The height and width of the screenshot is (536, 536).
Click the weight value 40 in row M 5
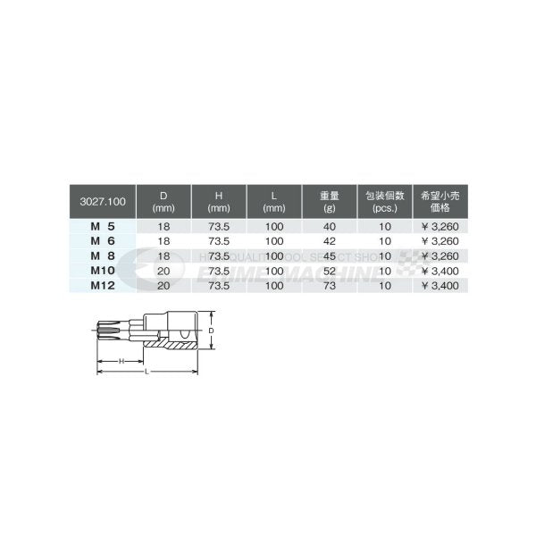pos(328,228)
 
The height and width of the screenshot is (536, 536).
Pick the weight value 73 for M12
pos(328,283)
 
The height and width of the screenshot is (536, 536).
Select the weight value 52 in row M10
pos(328,270)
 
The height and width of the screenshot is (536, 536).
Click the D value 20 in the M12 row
pos(163,283)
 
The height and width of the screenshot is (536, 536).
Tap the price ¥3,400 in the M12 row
pos(440,283)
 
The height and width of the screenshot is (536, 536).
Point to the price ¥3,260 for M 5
pos(440,228)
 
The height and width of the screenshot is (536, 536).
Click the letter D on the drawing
pos(212,331)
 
